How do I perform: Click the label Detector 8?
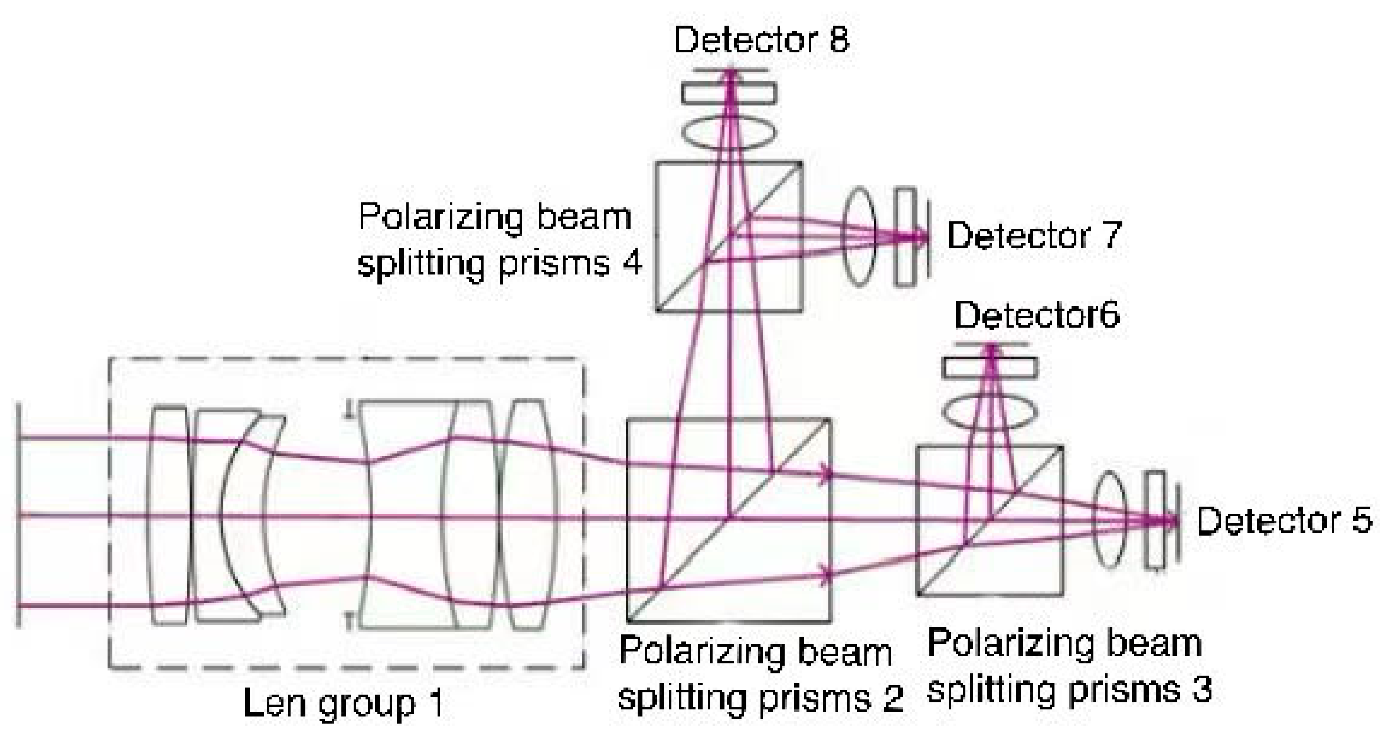coord(761,40)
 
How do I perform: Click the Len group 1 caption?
coord(344,703)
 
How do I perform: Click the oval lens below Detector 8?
coord(728,132)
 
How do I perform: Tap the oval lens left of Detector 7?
coord(859,237)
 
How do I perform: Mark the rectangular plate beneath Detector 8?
coord(728,94)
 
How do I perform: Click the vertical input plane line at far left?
coord(19,515)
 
